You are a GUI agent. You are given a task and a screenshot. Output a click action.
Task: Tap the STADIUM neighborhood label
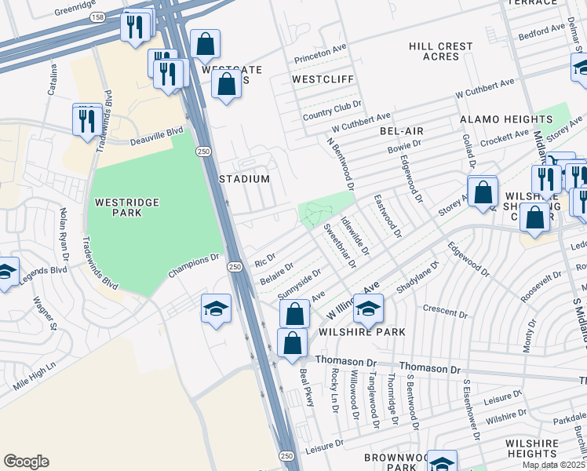point(244,179)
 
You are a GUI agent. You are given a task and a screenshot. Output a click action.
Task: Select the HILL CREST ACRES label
point(434,52)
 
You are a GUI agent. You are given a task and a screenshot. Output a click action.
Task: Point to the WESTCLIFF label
point(323,80)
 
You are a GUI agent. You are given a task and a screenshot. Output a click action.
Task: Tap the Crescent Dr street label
point(445,309)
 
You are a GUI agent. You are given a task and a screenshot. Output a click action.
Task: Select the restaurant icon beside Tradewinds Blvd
point(86,119)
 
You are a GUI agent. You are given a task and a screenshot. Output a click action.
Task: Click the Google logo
point(26,462)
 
